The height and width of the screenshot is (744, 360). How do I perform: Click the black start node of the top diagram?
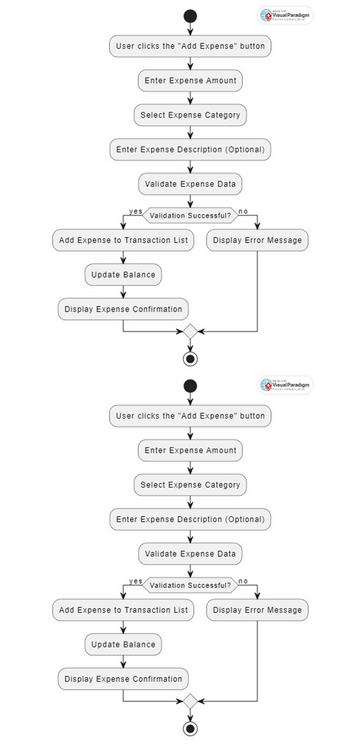[x=190, y=17]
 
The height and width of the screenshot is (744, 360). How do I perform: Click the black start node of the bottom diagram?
[x=190, y=387]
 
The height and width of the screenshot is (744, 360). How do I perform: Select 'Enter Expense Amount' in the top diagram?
[x=190, y=80]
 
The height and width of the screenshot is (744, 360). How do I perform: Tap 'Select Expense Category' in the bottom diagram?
[x=190, y=484]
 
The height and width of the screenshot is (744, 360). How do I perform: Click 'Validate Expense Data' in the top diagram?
[x=190, y=184]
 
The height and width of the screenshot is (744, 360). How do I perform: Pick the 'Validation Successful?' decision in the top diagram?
[x=190, y=214]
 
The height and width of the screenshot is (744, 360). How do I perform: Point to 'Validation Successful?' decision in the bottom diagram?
[x=190, y=584]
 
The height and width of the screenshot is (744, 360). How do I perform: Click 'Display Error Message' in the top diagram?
[x=257, y=240]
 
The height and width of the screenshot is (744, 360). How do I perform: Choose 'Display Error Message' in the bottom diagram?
[x=257, y=609]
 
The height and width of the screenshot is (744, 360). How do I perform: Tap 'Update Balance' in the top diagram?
[x=123, y=275]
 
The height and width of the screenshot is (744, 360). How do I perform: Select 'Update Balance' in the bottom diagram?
[x=123, y=644]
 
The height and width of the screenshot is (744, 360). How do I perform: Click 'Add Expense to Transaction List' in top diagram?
[x=123, y=240]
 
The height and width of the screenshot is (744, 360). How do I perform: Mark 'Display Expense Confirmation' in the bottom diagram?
[x=123, y=679]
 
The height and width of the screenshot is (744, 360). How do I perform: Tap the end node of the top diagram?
[x=190, y=358]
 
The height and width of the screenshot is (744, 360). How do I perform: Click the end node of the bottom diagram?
[x=190, y=727]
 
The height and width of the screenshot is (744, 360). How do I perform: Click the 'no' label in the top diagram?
[x=243, y=211]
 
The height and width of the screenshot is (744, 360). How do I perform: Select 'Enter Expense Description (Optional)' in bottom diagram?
[x=190, y=519]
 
